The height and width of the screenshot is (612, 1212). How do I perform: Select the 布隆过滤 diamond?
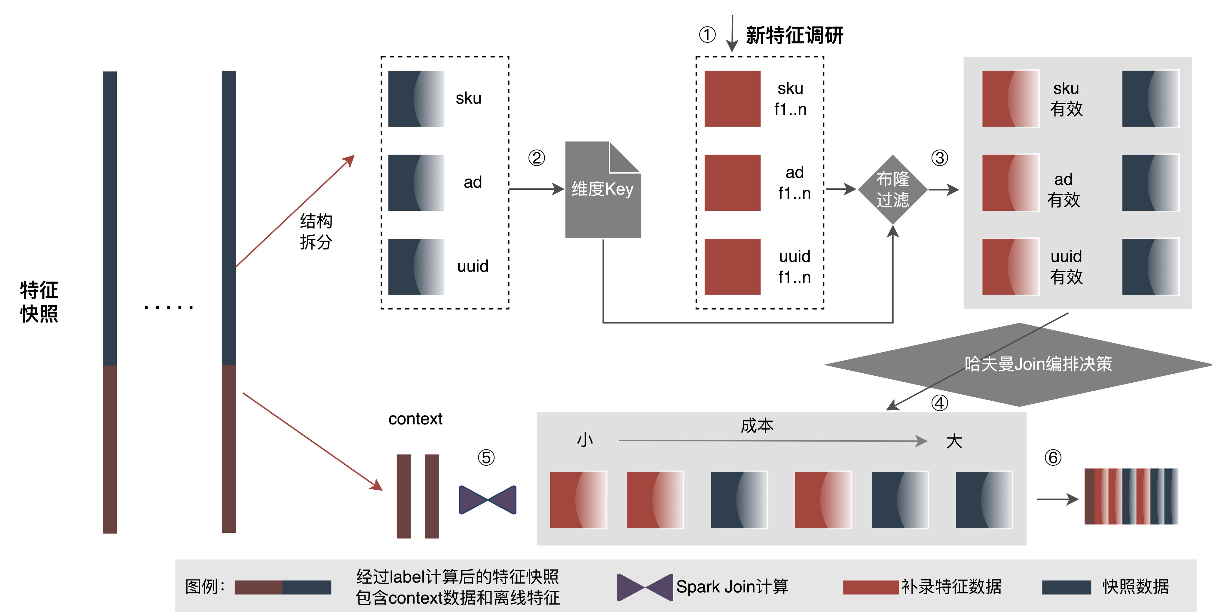tap(893, 190)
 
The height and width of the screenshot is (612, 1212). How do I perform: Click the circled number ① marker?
tap(707, 35)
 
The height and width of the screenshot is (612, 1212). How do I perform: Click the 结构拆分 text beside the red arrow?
tap(316, 231)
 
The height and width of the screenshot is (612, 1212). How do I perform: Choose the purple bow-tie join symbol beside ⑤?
tap(487, 500)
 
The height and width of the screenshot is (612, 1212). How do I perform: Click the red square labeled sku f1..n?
tap(732, 99)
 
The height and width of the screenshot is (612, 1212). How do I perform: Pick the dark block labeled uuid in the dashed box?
tap(416, 266)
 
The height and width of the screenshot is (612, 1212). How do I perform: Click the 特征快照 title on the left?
tap(39, 302)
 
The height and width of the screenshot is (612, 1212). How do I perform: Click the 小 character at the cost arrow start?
tap(585, 440)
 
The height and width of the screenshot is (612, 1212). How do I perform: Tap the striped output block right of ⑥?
tap(1131, 496)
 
